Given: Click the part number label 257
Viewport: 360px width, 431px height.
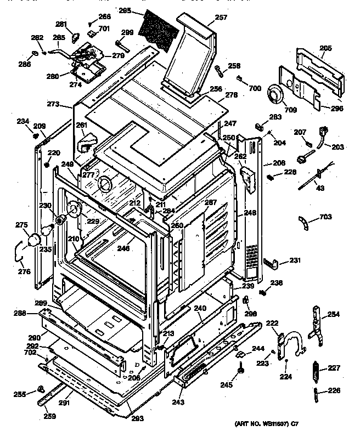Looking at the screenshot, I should (x=205, y=18).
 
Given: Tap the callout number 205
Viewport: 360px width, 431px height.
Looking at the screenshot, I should (x=325, y=48).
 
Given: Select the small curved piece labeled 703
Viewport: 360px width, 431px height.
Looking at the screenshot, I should (x=303, y=223).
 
